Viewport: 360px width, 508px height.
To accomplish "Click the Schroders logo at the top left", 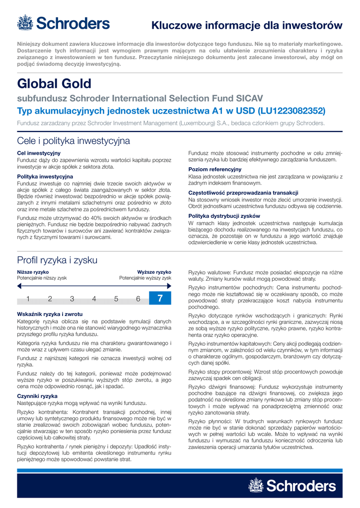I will pos(64,23).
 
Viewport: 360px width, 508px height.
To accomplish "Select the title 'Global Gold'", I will pos(54,83).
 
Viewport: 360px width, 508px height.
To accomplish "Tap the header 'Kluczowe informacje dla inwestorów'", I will pos(247,25).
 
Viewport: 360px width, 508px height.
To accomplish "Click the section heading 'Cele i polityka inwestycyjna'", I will pos(73,141).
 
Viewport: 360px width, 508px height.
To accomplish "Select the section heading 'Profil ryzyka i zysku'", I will pos(57,260).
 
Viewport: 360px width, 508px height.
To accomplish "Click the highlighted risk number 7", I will pos(160,298).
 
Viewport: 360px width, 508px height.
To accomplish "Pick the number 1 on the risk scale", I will pos(28,299).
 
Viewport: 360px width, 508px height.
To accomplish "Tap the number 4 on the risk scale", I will pos(94,299).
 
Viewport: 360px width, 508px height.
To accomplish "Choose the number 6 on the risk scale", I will pos(138,299).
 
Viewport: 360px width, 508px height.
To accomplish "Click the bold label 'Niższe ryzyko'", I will pos(33,272).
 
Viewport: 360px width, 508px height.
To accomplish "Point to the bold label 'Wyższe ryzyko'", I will pos(154,272).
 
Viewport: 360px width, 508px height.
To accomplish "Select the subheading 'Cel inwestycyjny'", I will pos(39,153).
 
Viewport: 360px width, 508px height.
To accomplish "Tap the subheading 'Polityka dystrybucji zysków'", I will pos(224,216).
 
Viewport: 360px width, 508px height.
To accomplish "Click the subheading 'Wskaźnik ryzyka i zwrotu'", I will pos(49,314).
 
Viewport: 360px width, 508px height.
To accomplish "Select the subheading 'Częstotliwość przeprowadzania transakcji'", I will pos(243,192).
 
